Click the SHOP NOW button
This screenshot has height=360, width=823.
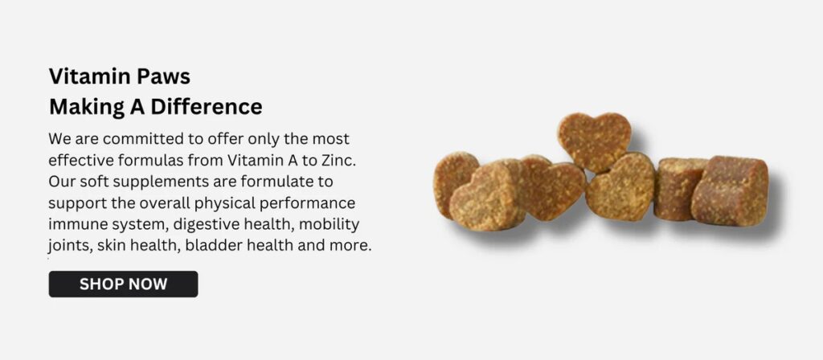(x=123, y=284)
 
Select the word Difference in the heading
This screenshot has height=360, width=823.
(x=207, y=107)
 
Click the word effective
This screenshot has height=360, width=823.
(x=81, y=160)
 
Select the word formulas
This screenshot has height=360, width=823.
(x=150, y=160)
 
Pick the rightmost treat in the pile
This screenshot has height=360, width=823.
(x=730, y=190)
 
